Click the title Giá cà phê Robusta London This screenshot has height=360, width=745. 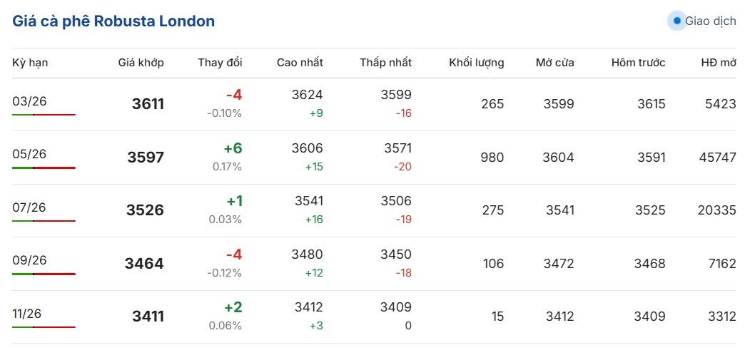click(x=113, y=21)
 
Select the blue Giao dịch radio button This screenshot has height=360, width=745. click(x=676, y=21)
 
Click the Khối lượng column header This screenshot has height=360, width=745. click(x=476, y=63)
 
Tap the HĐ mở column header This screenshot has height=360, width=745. click(x=718, y=63)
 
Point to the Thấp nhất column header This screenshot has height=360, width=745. click(x=385, y=63)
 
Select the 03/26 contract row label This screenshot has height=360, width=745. click(x=29, y=101)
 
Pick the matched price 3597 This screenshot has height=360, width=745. click(x=146, y=158)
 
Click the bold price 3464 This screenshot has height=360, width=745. click(x=144, y=264)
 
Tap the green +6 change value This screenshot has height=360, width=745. click(x=233, y=148)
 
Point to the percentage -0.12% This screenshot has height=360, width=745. click(x=224, y=273)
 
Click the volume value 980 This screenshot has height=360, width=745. click(x=492, y=158)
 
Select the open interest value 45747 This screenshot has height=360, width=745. click(x=717, y=158)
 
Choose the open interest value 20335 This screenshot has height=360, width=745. click(x=717, y=210)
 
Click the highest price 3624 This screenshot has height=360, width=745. click(x=308, y=95)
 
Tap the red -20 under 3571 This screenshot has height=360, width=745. click(x=403, y=167)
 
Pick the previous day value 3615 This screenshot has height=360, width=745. click(x=651, y=104)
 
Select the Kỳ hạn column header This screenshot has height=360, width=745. click(x=30, y=63)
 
